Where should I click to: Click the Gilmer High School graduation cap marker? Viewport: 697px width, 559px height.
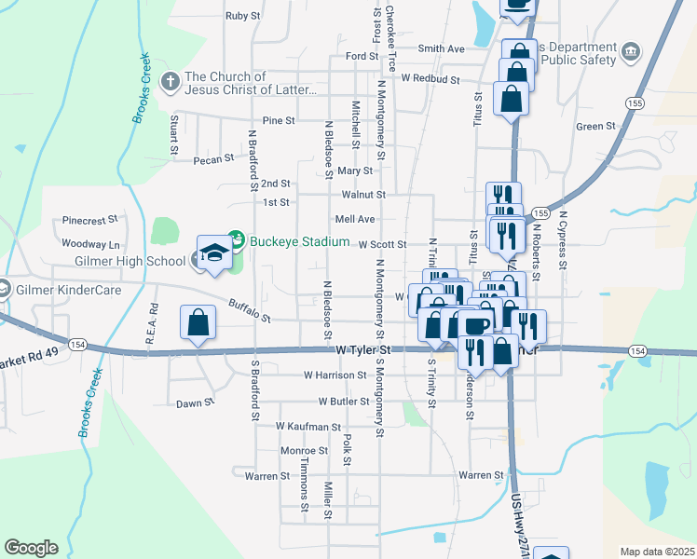pyautogui.click(x=214, y=253)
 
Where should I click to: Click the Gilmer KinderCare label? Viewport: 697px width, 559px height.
pyautogui.click(x=61, y=290)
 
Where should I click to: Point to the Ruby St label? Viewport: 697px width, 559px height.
pyautogui.click(x=242, y=16)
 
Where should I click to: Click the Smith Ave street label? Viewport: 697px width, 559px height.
pyautogui.click(x=441, y=48)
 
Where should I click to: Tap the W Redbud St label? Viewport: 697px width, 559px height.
pyautogui.click(x=430, y=80)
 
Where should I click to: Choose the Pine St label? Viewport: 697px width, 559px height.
pyautogui.click(x=279, y=121)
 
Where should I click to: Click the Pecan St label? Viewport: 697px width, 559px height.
pyautogui.click(x=213, y=159)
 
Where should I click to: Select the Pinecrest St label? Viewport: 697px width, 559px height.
pyautogui.click(x=89, y=220)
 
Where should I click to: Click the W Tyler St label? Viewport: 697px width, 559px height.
pyautogui.click(x=363, y=350)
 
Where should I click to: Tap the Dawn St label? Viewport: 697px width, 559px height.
pyautogui.click(x=196, y=403)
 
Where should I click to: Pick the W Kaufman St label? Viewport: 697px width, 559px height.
pyautogui.click(x=308, y=426)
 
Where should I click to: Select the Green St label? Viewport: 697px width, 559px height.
pyautogui.click(x=595, y=126)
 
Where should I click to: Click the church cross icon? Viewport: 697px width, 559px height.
pyautogui.click(x=171, y=82)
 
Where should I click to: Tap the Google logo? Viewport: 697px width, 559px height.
pyautogui.click(x=31, y=548)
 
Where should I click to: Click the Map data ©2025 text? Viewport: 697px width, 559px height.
pyautogui.click(x=657, y=552)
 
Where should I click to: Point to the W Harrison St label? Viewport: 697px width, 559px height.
pyautogui.click(x=335, y=375)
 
